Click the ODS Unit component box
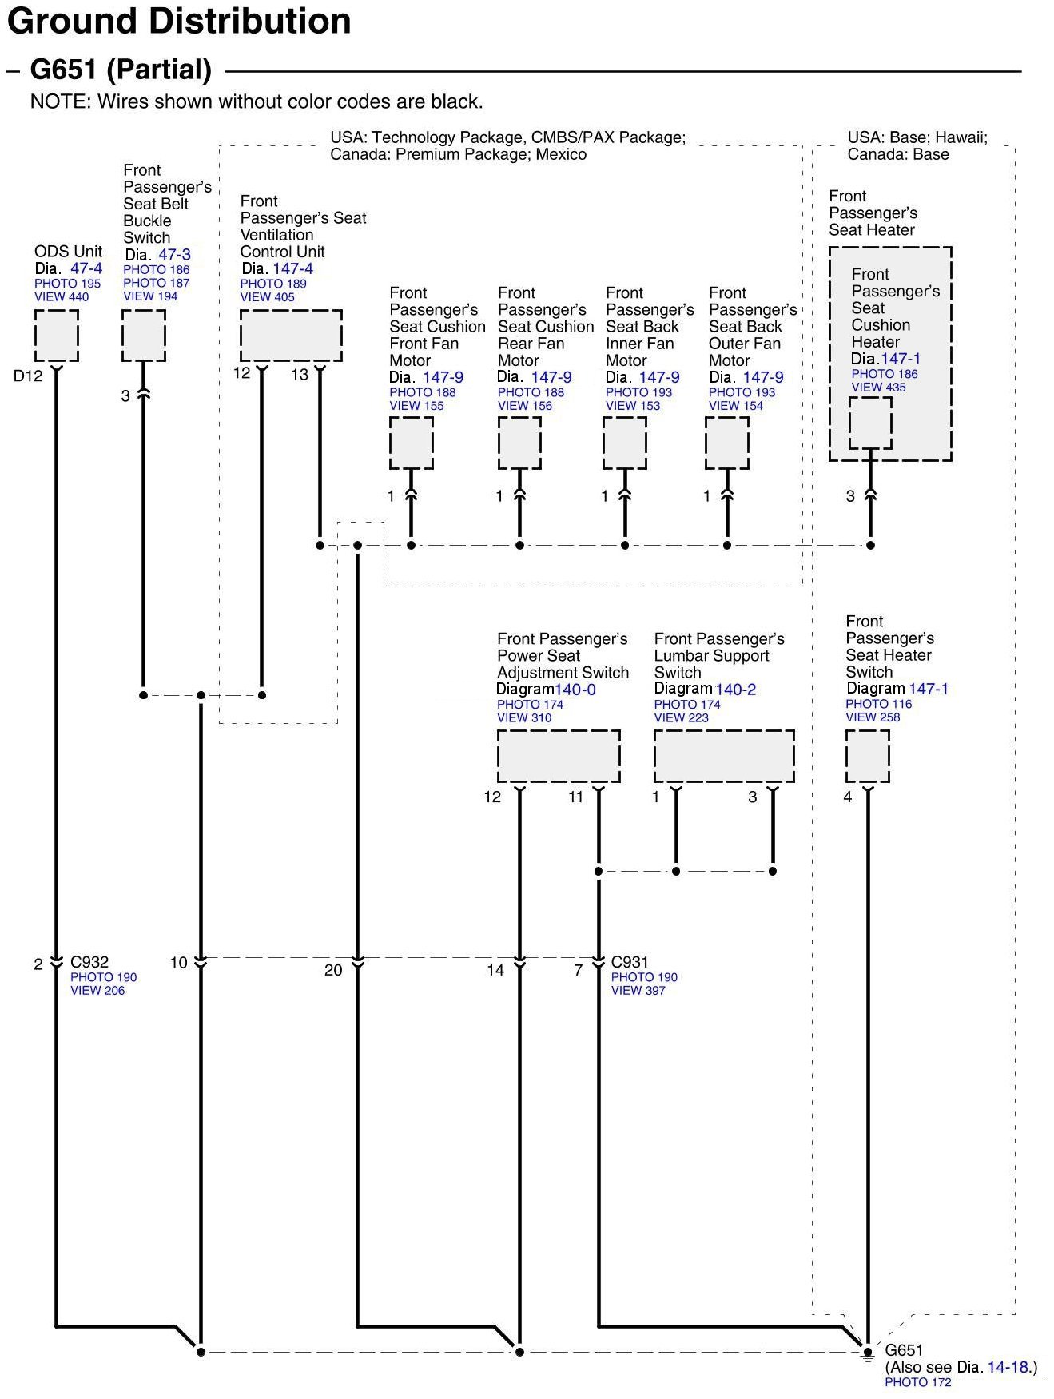[x=56, y=336]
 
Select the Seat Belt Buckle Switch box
[x=143, y=336]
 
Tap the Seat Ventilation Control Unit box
[x=291, y=336]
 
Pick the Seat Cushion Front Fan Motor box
[x=411, y=443]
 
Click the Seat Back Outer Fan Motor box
[x=726, y=443]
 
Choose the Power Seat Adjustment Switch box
[x=559, y=756]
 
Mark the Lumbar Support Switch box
[x=724, y=756]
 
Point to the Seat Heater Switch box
[x=867, y=756]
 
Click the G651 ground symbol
[x=868, y=1352]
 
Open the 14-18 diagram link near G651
[x=1008, y=1367]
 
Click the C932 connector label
[x=89, y=962]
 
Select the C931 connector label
[x=630, y=962]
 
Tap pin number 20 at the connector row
[x=333, y=970]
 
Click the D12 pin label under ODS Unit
[x=28, y=376]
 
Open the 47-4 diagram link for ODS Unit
[x=86, y=268]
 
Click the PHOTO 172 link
[x=917, y=1382]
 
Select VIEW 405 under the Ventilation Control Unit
[x=267, y=297]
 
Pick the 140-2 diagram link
[x=735, y=689]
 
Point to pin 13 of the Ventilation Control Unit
[x=300, y=374]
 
